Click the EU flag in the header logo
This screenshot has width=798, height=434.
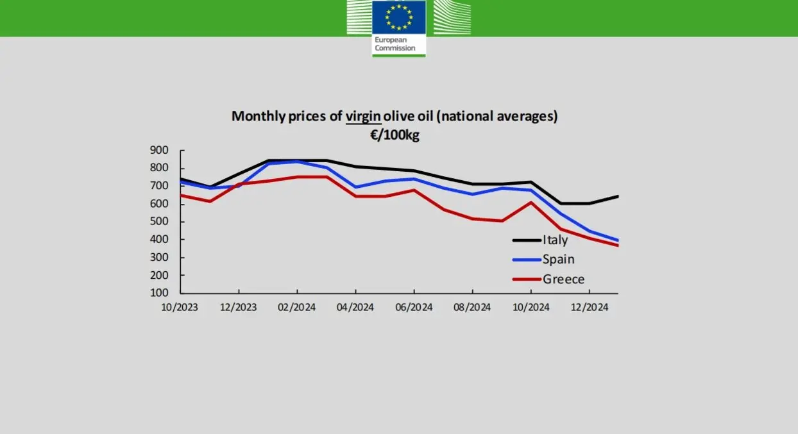(x=398, y=16)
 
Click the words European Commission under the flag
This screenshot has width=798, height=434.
(x=395, y=44)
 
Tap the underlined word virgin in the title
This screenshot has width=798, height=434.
(x=364, y=116)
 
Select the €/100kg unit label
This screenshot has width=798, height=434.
(x=394, y=135)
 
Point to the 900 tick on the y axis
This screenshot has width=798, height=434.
(x=159, y=151)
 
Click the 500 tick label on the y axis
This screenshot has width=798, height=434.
(x=159, y=222)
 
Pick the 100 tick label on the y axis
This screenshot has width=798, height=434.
(x=159, y=293)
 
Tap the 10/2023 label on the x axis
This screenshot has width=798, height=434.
(x=180, y=307)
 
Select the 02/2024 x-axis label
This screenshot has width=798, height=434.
(x=296, y=307)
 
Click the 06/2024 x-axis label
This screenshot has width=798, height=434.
(x=414, y=307)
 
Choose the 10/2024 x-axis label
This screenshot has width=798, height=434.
(x=531, y=307)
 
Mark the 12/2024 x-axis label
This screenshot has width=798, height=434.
(x=589, y=307)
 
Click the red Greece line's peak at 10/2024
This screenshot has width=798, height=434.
(x=531, y=203)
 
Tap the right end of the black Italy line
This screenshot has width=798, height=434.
(x=618, y=196)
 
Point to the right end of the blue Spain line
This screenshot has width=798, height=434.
(x=618, y=240)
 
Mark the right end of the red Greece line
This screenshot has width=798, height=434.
(x=618, y=246)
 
